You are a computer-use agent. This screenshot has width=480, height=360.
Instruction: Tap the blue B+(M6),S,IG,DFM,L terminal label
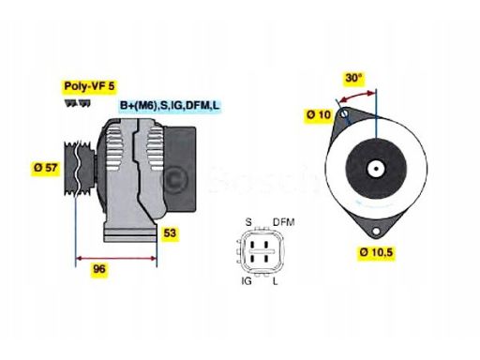pyautogui.click(x=169, y=106)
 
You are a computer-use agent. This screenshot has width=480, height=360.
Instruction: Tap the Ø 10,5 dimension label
pyautogui.click(x=376, y=251)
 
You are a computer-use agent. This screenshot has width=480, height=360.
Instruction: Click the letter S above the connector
pyautogui.click(x=248, y=221)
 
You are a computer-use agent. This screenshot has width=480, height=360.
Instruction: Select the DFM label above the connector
pyautogui.click(x=283, y=221)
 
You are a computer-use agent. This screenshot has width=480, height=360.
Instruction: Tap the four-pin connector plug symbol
pyautogui.click(x=262, y=251)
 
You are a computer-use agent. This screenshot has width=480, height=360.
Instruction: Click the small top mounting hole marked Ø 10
pyautogui.click(x=343, y=117)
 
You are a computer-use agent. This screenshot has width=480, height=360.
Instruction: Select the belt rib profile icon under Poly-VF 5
pyautogui.click(x=73, y=101)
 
